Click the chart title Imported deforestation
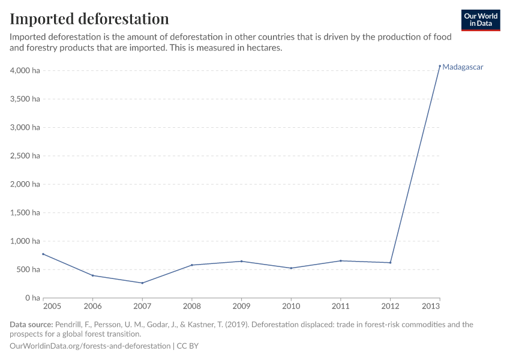pyautogui.click(x=89, y=18)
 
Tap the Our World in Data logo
pyautogui.click(x=481, y=20)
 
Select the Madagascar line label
pyautogui.click(x=463, y=67)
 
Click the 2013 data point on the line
pyautogui.click(x=440, y=65)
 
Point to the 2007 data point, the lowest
pyautogui.click(x=142, y=283)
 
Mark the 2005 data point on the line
pyautogui.click(x=43, y=254)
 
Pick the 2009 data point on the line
pyautogui.click(x=241, y=261)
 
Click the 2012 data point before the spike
pyautogui.click(x=390, y=263)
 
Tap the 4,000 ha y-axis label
pyautogui.click(x=25, y=71)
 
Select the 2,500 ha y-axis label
pyautogui.click(x=25, y=156)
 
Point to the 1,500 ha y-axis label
pyautogui.click(x=25, y=213)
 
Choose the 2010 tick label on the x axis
pyautogui.click(x=291, y=307)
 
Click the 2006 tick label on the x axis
pyautogui.click(x=92, y=307)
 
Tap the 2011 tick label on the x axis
pyautogui.click(x=341, y=307)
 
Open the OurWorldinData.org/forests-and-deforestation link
pyautogui.click(x=90, y=346)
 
